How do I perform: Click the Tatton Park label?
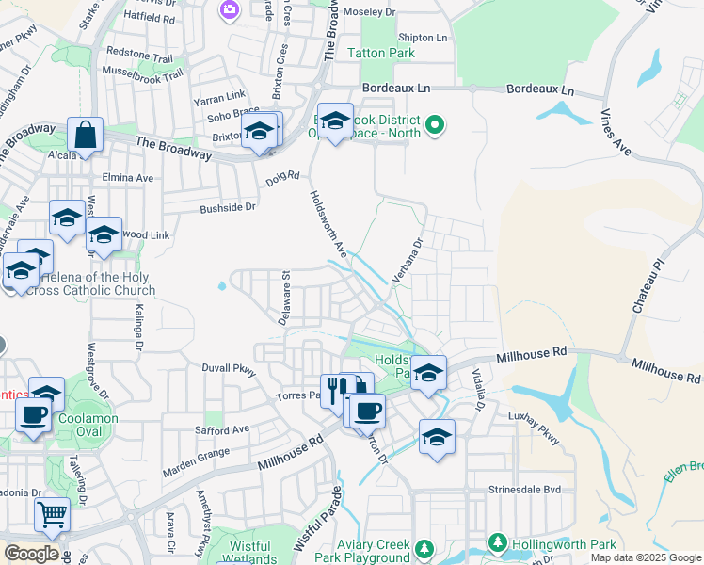[x=381, y=54]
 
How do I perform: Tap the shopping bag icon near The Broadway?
[x=85, y=137]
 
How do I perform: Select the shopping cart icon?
[x=52, y=514]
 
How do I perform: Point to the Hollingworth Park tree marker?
[x=497, y=543]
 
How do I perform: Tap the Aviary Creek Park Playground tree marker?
[x=424, y=548]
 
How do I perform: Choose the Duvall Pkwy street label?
[x=229, y=369]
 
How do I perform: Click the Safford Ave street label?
[x=222, y=430]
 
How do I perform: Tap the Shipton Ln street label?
[x=423, y=38]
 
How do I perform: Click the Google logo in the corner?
[x=31, y=554]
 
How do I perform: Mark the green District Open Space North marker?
[x=434, y=124]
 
